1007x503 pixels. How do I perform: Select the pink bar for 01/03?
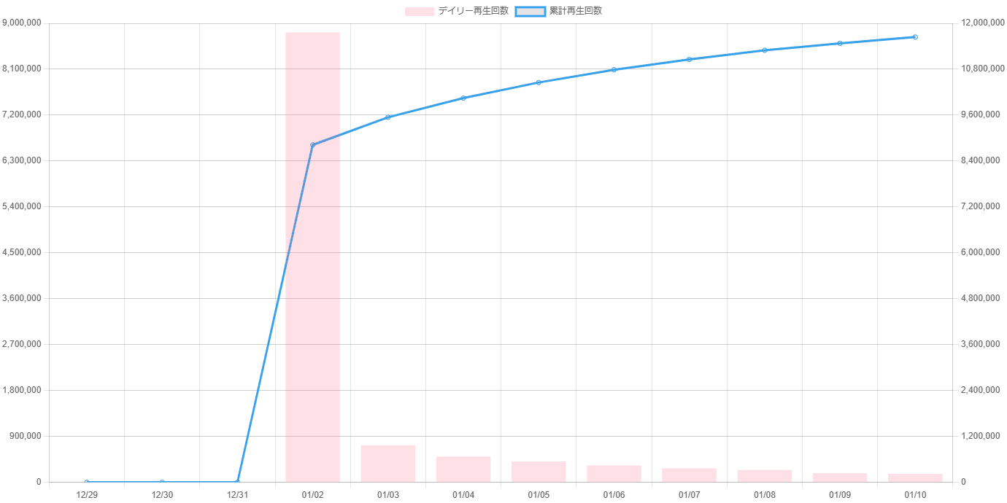pos(387,464)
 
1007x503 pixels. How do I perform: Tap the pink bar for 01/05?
pos(539,472)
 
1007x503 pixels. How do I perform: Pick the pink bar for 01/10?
pos(915,477)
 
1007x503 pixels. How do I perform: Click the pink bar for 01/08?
pos(764,476)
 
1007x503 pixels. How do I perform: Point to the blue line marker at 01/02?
pos(312,144)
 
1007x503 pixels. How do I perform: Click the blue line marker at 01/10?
pos(915,37)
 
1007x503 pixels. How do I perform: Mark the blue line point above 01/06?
pos(614,70)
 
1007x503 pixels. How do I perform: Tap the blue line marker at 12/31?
pos(237,482)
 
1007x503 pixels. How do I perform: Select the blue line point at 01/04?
pos(463,98)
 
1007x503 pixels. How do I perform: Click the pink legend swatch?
pos(419,11)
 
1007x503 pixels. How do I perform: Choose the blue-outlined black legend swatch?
pos(530,11)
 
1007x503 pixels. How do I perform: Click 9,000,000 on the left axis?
pos(23,23)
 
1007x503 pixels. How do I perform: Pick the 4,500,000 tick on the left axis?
pos(23,252)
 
